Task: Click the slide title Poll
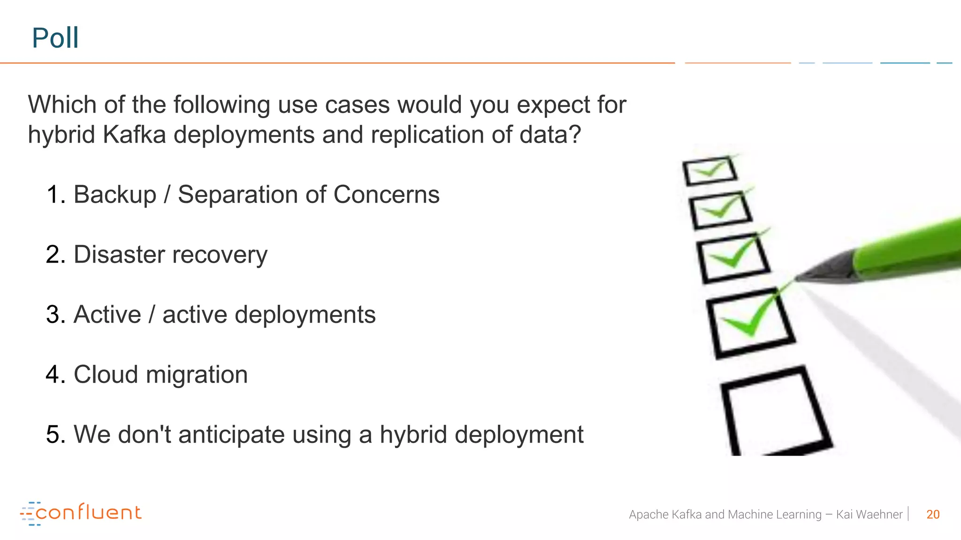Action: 55,38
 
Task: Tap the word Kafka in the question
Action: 134,135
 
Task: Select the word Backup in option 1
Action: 114,195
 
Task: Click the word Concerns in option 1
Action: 386,195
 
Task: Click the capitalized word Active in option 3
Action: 107,315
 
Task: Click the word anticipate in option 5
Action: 231,435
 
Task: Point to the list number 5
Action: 54,435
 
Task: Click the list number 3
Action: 54,315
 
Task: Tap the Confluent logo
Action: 81,513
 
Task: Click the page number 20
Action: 933,514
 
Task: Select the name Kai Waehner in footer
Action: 869,514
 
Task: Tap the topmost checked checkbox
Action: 709,171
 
